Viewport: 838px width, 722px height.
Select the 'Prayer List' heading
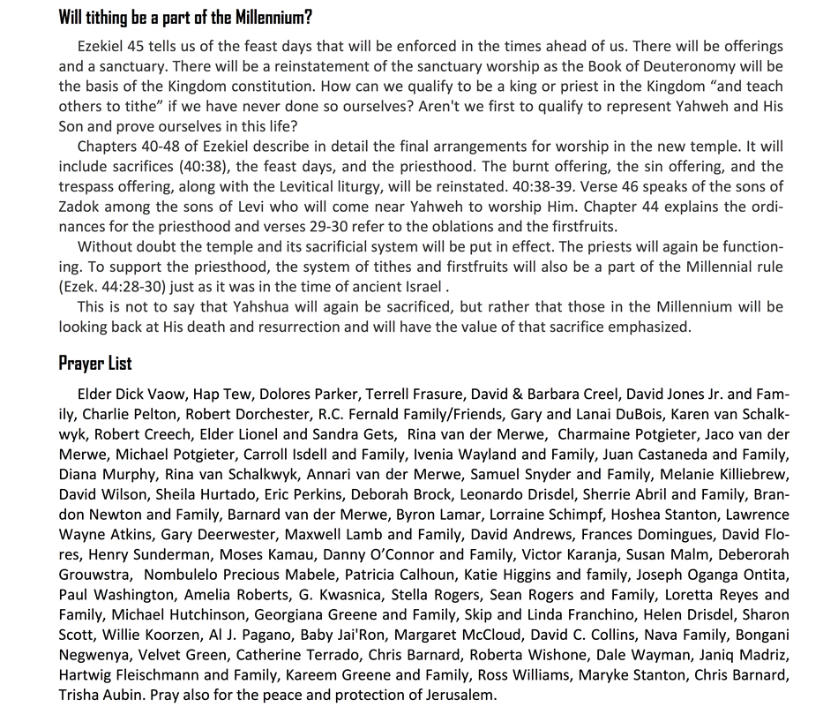(x=95, y=363)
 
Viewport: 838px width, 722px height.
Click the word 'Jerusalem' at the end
(x=460, y=695)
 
